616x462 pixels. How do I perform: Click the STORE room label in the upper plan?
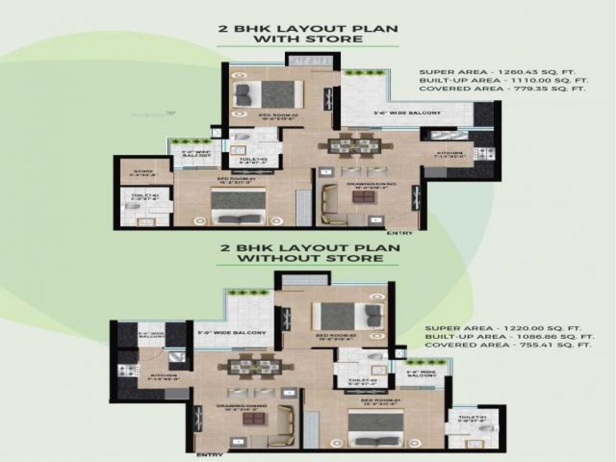[x=143, y=171]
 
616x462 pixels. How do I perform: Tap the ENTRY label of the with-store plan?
[x=400, y=233]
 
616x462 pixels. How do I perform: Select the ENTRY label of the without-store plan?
[x=209, y=455]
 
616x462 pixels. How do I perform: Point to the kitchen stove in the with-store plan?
[x=485, y=152]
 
